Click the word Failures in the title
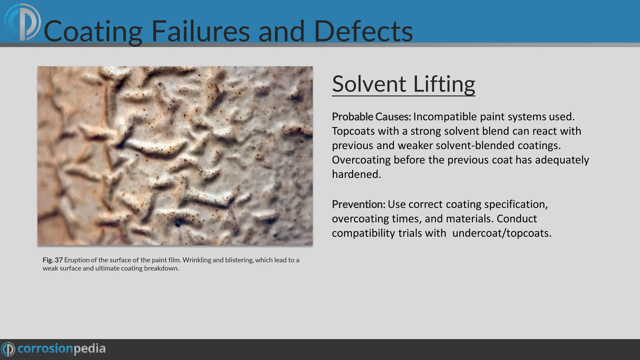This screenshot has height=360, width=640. click(200, 31)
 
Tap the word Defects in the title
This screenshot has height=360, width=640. click(363, 31)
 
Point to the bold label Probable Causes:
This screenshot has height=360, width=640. click(371, 117)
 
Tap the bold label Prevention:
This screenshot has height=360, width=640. click(358, 204)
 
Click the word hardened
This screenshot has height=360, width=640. click(356, 174)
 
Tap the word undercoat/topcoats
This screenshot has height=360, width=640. click(502, 233)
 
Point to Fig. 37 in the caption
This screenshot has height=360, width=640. click(52, 260)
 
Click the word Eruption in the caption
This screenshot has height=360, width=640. click(77, 260)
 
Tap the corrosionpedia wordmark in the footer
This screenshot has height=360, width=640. click(61, 349)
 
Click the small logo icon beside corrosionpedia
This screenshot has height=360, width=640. click(8, 349)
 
